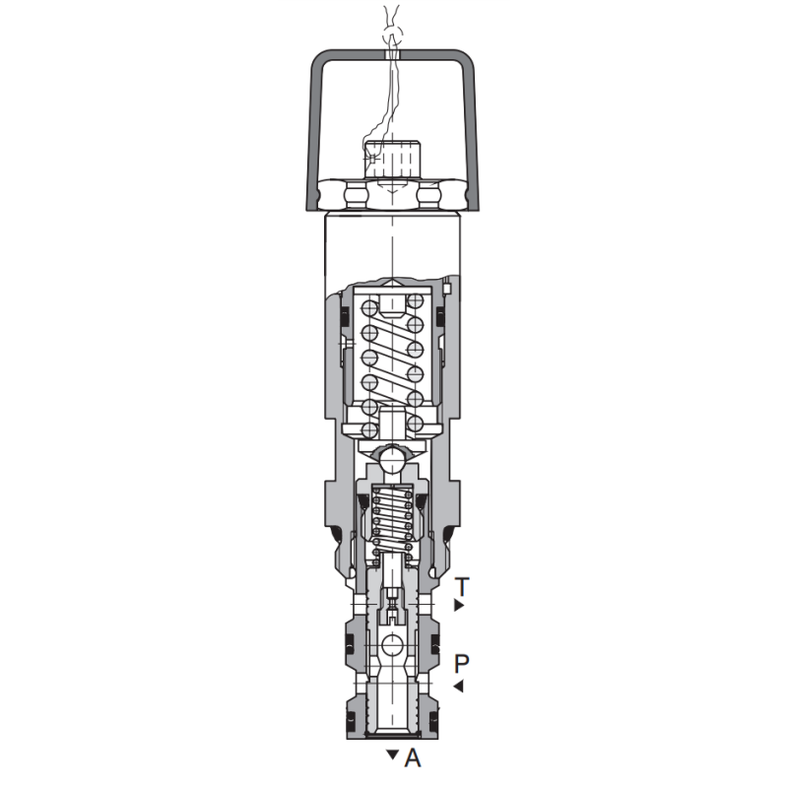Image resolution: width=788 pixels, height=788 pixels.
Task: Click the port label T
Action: click(x=461, y=586)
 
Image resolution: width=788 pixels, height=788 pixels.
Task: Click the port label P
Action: click(x=461, y=663)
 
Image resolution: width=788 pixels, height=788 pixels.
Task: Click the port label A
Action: click(x=413, y=757)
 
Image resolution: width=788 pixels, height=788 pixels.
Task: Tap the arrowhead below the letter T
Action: click(x=458, y=605)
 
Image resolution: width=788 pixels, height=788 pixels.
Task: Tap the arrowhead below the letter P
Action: click(x=459, y=686)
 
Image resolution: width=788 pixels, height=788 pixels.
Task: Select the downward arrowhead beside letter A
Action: click(x=392, y=755)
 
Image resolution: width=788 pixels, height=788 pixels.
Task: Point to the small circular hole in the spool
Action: click(x=392, y=645)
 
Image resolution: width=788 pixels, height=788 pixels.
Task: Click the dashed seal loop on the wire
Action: click(x=392, y=35)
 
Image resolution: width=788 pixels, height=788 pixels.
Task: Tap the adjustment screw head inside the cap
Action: click(x=392, y=160)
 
